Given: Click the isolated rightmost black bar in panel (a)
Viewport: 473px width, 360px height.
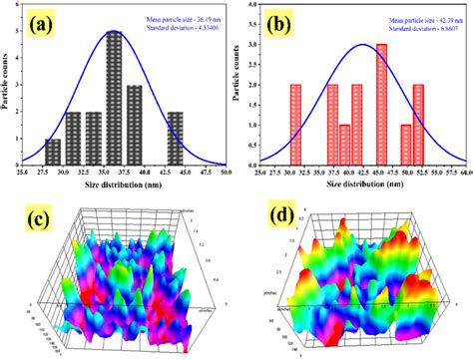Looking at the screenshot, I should (175, 139).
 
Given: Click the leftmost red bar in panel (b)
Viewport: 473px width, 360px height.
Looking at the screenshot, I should (295, 125).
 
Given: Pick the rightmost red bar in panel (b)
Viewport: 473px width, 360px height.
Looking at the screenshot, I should (418, 125).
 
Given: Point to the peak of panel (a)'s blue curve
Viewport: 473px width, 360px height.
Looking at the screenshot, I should (115, 31).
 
